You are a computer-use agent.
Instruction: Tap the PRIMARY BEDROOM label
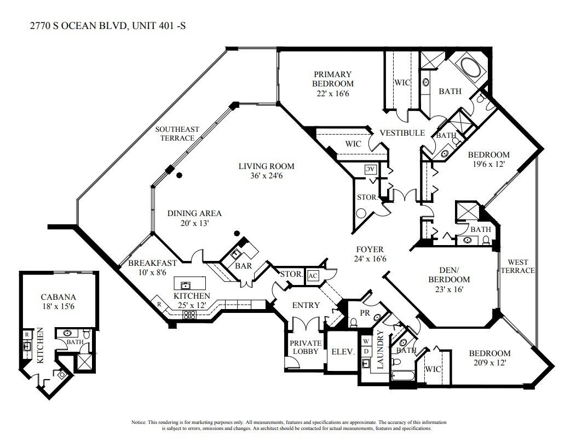click(x=332, y=79)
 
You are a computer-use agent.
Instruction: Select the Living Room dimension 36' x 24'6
click(x=266, y=176)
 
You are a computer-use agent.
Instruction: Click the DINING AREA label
click(x=194, y=213)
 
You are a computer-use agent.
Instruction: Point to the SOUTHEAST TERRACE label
click(x=177, y=133)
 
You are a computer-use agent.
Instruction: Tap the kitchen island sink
click(x=186, y=284)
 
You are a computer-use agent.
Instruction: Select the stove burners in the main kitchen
click(x=189, y=314)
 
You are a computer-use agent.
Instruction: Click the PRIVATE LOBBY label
click(x=306, y=347)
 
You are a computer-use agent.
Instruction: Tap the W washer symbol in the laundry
click(x=366, y=340)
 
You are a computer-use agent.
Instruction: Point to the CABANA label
click(x=58, y=297)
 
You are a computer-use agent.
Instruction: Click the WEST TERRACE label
click(x=517, y=266)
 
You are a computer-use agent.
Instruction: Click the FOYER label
click(x=370, y=249)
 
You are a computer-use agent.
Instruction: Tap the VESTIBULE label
click(x=402, y=133)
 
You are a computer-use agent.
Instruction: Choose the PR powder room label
click(x=364, y=313)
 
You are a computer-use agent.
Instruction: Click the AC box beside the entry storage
click(x=313, y=276)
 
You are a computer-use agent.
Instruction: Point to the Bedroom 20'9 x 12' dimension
click(x=482, y=363)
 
